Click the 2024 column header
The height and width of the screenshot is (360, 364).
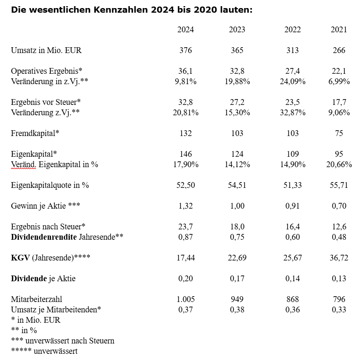pyautogui.click(x=185, y=30)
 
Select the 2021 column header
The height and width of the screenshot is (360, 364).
pyautogui.click(x=339, y=30)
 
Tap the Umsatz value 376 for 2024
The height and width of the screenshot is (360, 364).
pyautogui.click(x=185, y=50)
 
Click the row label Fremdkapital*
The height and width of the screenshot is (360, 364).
pyautogui.click(x=35, y=133)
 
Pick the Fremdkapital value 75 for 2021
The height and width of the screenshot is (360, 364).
pyautogui.click(x=339, y=133)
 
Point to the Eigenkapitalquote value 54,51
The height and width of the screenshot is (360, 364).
pyautogui.click(x=237, y=185)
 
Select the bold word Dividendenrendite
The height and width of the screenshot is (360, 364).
pyautogui.click(x=43, y=237)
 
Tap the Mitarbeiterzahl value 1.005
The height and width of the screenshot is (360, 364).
pyautogui.click(x=185, y=299)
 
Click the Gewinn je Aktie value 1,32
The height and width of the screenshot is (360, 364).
pyautogui.click(x=185, y=206)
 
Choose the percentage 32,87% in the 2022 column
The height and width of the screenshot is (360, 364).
pyautogui.click(x=293, y=113)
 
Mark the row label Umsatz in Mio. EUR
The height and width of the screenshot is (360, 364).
pyautogui.click(x=46, y=50)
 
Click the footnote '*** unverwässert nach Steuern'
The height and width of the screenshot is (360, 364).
pyautogui.click(x=63, y=341)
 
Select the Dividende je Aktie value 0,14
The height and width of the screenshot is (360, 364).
pyautogui.click(x=293, y=279)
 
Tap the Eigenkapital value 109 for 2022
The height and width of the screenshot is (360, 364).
pyautogui.click(x=293, y=154)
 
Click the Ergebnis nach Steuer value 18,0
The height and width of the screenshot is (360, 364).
pyautogui.click(x=237, y=227)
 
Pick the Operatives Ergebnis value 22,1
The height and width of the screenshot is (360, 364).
pyautogui.click(x=339, y=71)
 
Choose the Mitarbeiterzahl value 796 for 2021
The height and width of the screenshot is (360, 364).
pyautogui.click(x=339, y=299)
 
